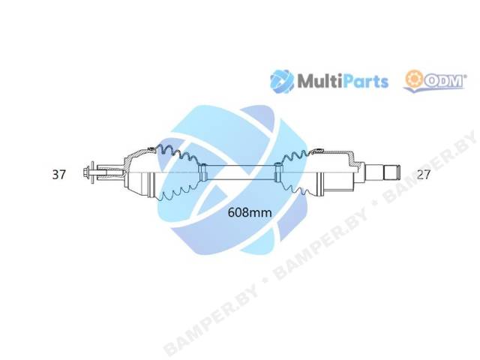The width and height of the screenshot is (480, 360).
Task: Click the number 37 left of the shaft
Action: pyautogui.click(x=58, y=175)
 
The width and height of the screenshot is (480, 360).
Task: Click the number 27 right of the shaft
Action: pyautogui.click(x=424, y=175)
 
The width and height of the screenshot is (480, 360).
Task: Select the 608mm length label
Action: pyautogui.click(x=250, y=212)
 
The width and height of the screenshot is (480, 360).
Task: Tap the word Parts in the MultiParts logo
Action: pyautogui.click(x=363, y=82)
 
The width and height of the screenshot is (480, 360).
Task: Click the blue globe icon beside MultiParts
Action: pyautogui.click(x=282, y=82)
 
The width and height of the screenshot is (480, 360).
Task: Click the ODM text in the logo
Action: pyautogui.click(x=444, y=81)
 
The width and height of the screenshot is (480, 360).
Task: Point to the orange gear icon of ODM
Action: pyautogui.click(x=414, y=79)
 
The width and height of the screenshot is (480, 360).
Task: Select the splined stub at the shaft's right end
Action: pyautogui.click(x=392, y=173)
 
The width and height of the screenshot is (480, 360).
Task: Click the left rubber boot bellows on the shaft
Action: pyautogui.click(x=178, y=173)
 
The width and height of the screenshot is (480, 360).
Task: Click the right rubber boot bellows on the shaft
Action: pyautogui.click(x=294, y=172)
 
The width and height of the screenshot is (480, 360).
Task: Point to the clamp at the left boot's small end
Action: pyautogui.click(x=202, y=172)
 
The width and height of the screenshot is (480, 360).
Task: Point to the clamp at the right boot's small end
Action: pyautogui.click(x=278, y=172)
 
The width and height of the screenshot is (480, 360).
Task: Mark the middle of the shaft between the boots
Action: pyautogui.click(x=240, y=172)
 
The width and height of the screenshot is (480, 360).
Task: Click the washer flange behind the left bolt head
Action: pyautogui.click(x=91, y=173)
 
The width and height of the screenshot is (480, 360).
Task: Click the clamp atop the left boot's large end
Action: pyautogui.click(x=151, y=149)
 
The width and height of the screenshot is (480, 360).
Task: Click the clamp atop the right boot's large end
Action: pyautogui.click(x=318, y=150)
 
